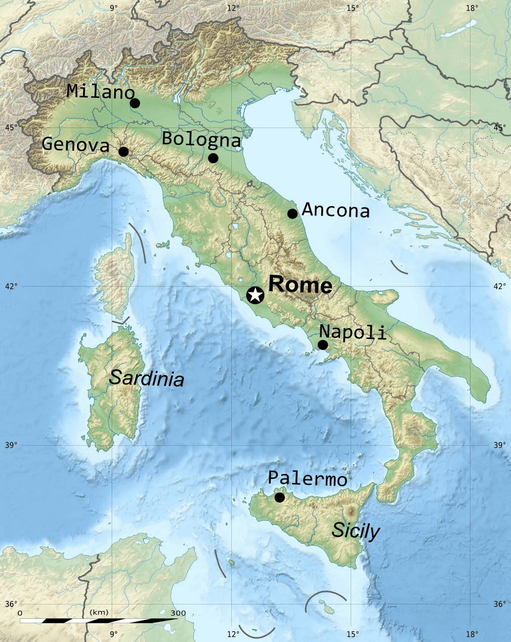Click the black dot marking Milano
pos(134,103)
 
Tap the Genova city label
pos(76,145)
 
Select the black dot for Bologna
pos(213,158)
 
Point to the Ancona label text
pos(336,211)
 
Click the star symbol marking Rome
pos(255,295)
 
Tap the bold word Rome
pos(300,285)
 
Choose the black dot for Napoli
pos(323,344)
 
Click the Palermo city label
pos(307,478)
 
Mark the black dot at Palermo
pos(280,497)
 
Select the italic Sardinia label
pos(146,379)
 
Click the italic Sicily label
pos(355,531)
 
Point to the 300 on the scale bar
pos(178,613)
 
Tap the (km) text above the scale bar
pos(99,613)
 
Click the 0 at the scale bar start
pos(20,613)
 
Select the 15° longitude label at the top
pos(352,8)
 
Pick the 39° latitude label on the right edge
pos(500,445)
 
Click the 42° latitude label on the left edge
pos(11,286)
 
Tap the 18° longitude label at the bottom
pos(472,634)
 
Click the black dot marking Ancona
pos(293,214)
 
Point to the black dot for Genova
pos(124,151)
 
